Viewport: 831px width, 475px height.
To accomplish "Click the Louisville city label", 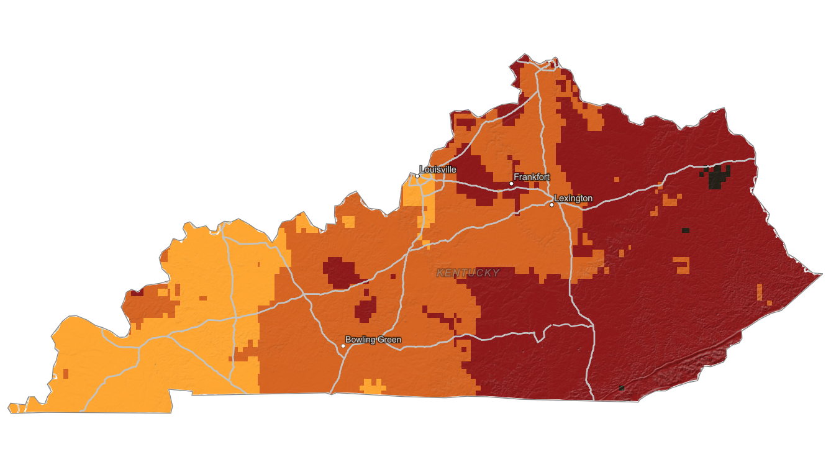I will [x=438, y=169].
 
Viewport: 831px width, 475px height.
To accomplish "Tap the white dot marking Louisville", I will [x=417, y=176].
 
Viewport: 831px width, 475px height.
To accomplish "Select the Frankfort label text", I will [x=532, y=177].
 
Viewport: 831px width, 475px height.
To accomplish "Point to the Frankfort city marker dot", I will [x=511, y=183].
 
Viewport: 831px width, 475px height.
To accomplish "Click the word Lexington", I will [x=573, y=198].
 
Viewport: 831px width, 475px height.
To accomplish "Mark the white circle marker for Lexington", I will [x=552, y=204].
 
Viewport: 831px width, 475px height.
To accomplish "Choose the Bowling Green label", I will [x=373, y=340].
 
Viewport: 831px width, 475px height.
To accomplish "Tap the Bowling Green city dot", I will [x=343, y=345].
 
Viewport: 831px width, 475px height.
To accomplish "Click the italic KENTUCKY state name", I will [x=468, y=273].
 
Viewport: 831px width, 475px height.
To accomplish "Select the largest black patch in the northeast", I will [x=720, y=177].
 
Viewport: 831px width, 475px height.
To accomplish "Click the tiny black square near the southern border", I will [x=621, y=388].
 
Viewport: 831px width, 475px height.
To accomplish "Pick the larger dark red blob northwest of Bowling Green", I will [x=338, y=271].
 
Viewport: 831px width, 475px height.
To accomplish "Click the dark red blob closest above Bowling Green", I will [x=366, y=308].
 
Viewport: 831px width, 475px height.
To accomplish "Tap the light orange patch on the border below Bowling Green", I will [x=373, y=387].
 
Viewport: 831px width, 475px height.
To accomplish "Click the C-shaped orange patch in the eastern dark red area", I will [x=682, y=265].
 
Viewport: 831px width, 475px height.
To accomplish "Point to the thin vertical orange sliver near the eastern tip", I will [x=759, y=291].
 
